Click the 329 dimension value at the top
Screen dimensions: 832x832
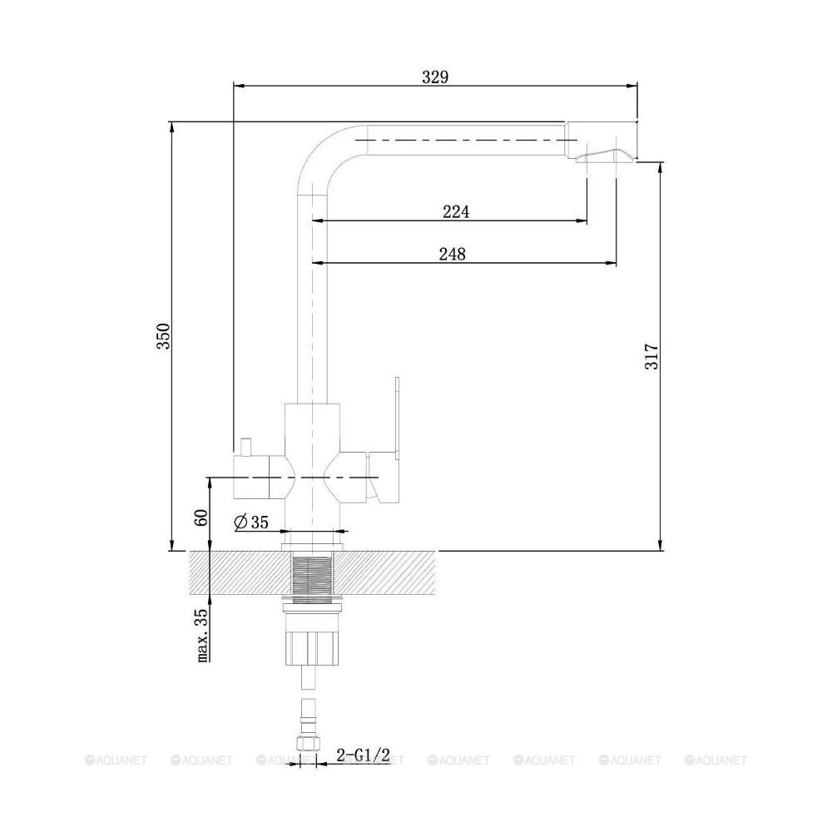(x=435, y=77)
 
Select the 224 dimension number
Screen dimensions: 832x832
(x=456, y=211)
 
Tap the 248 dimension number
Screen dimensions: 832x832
(x=452, y=254)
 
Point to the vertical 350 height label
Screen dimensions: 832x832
(x=163, y=336)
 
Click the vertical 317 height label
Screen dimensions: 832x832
(x=651, y=357)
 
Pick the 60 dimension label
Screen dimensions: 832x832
(x=201, y=518)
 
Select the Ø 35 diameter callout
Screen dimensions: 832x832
(x=251, y=522)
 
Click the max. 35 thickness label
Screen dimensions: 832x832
(x=202, y=635)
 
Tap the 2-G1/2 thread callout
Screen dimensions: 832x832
(x=364, y=755)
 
